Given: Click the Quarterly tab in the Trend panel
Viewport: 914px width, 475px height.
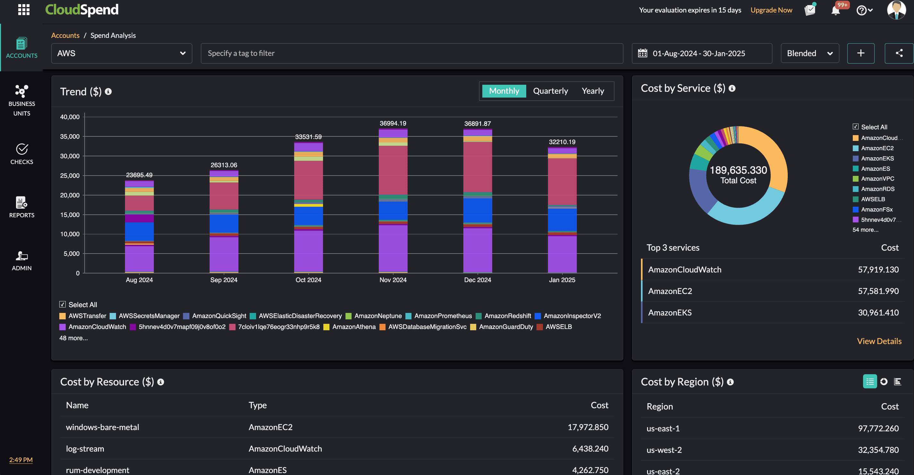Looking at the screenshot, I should (550, 91).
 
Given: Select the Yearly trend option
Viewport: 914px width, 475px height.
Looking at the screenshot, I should (593, 91).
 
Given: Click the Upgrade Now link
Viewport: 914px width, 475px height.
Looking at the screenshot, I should (771, 10).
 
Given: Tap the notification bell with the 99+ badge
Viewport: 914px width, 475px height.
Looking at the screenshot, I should (835, 10).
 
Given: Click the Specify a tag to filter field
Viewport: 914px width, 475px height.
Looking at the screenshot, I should (411, 53).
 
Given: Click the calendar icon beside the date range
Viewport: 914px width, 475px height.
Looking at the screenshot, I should (643, 53).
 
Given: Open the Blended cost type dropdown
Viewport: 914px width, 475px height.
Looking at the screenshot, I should (810, 53).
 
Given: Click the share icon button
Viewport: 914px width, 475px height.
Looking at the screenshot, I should (899, 53).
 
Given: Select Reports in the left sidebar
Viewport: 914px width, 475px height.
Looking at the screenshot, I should (22, 207).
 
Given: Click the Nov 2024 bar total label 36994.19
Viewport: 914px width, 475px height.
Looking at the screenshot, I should (393, 123).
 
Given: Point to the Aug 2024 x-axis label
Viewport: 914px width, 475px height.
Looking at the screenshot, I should (139, 280).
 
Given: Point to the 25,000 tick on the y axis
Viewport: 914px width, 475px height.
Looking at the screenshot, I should (70, 176).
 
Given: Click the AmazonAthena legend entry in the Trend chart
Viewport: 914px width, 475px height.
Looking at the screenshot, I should (353, 327).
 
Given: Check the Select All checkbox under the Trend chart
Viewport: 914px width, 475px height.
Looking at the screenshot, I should (63, 305).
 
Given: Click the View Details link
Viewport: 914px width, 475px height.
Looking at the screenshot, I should (879, 341).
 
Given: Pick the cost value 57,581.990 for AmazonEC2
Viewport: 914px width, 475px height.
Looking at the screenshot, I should (878, 291).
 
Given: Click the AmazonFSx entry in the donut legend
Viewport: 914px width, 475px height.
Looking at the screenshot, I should (877, 209).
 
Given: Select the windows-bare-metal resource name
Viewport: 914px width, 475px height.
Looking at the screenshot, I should (103, 427).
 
